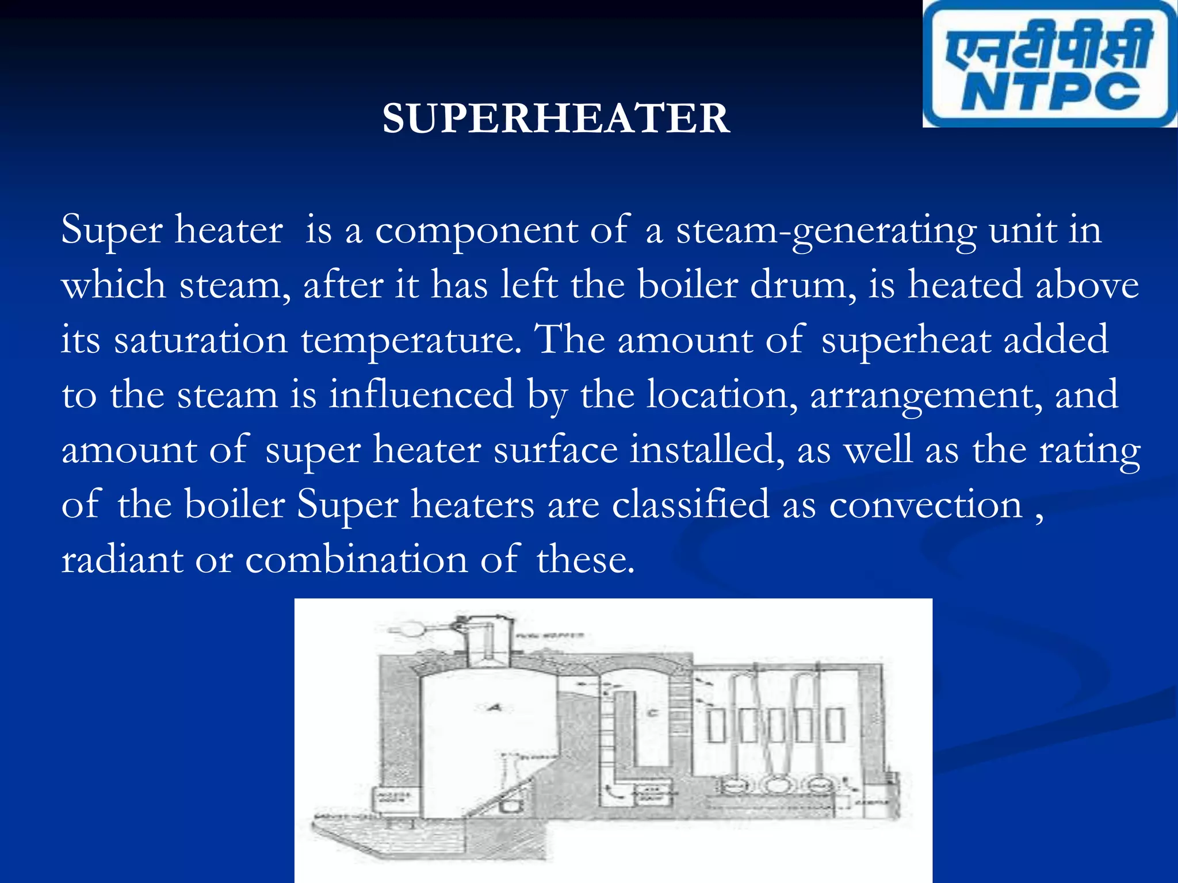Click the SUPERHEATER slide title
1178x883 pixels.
tap(556, 118)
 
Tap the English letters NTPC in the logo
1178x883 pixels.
tap(1050, 92)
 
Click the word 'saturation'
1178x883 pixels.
tap(201, 340)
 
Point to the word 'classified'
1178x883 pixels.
tap(690, 504)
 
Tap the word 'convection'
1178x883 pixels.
tap(925, 505)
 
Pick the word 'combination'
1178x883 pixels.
tap(357, 559)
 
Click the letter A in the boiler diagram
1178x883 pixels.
tap(494, 708)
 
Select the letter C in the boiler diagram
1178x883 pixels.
tap(652, 713)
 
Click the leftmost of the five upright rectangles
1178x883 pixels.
tap(717, 725)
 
